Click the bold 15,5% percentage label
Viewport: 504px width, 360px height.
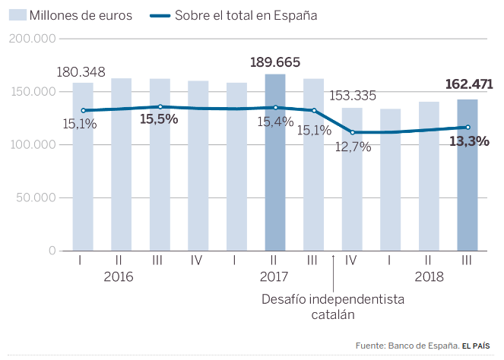pos(159,119)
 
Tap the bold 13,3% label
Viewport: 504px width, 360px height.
pos(469,141)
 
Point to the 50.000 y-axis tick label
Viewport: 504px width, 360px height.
pos(35,197)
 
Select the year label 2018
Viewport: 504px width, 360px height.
pos(428,277)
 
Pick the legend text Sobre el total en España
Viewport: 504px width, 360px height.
pos(246,15)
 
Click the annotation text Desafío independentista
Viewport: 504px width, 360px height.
pos(333,299)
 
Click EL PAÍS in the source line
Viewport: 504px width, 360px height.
pos(481,346)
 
